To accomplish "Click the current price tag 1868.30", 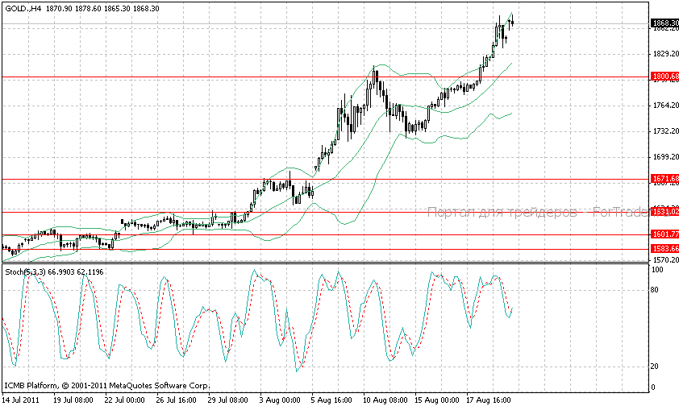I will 664,23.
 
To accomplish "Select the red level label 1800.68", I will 664,77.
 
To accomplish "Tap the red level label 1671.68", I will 664,178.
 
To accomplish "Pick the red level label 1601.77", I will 664,234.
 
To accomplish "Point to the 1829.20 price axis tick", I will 664,53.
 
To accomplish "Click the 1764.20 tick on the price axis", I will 664,106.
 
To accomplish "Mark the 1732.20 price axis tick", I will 664,131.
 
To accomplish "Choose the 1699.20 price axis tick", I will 664,157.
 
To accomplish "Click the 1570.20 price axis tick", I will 664,261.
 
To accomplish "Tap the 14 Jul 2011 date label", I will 21,399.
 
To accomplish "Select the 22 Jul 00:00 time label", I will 125,399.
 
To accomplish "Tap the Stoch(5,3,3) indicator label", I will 25,272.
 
